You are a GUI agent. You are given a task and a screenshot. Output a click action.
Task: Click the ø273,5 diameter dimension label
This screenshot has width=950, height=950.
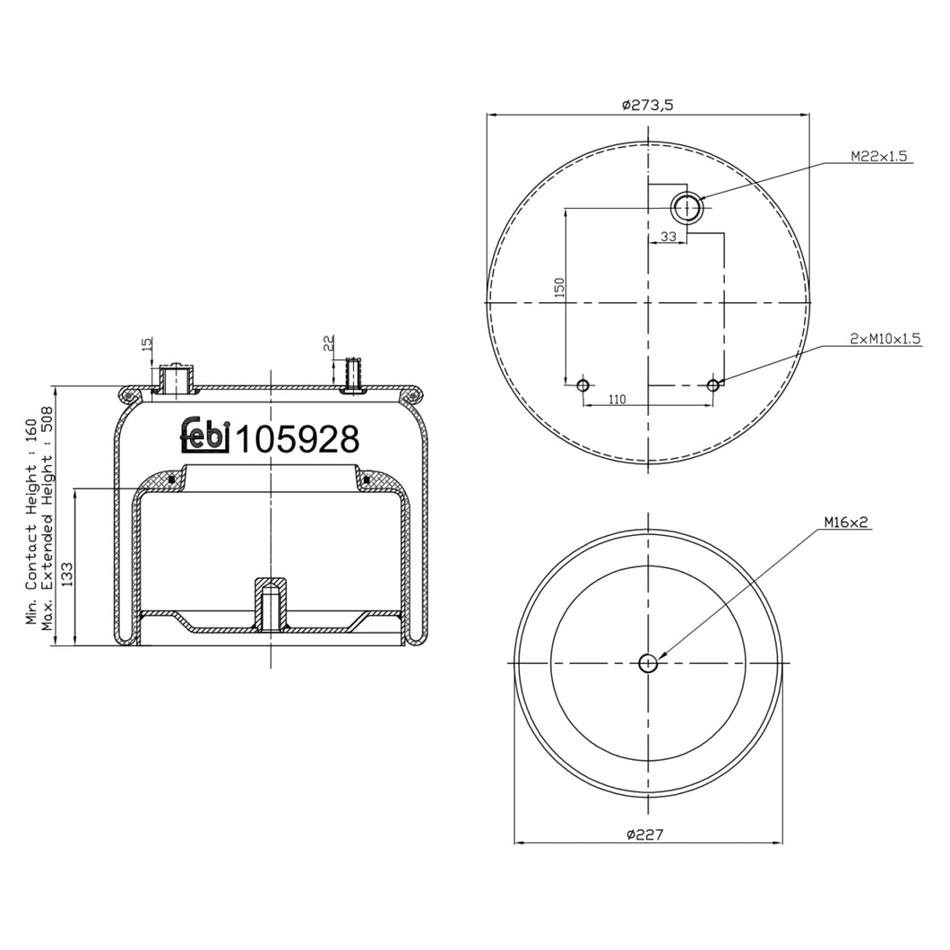point(648,105)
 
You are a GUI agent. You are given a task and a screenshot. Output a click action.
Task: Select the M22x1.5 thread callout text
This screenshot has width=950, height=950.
point(879,156)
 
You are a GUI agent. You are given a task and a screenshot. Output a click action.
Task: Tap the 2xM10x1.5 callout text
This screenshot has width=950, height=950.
point(885,339)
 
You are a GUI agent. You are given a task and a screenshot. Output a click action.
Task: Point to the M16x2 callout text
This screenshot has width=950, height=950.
point(846,522)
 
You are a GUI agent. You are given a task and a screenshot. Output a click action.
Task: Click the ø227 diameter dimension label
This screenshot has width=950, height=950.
point(645,834)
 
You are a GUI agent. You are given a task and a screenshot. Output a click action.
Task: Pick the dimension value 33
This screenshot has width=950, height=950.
point(669,237)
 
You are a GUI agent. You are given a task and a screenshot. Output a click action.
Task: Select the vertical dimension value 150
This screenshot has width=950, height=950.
point(559,287)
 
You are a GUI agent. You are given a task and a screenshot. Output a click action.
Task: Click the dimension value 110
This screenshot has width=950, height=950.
point(617,399)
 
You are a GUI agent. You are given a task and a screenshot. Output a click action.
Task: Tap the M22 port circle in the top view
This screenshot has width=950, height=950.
point(687,208)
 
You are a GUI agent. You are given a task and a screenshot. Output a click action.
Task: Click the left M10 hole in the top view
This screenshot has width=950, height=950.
point(583,385)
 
